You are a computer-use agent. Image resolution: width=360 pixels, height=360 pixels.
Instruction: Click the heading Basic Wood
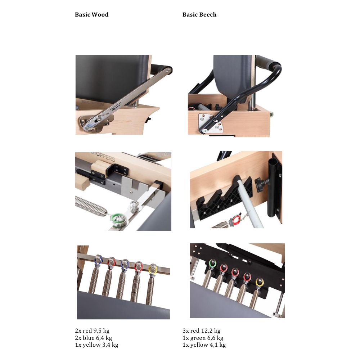(x=91, y=15)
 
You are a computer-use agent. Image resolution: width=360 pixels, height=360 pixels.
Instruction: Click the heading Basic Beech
(x=199, y=15)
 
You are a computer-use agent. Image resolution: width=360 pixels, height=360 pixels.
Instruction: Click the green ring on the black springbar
(x=213, y=264)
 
